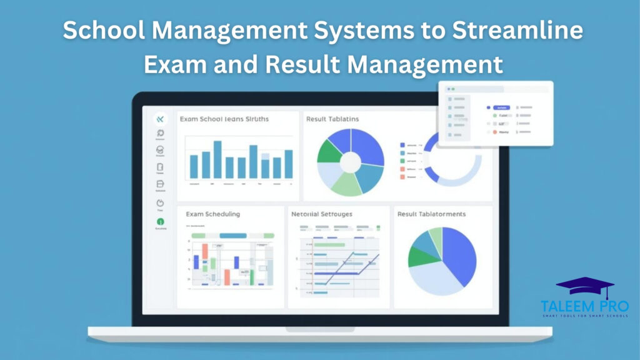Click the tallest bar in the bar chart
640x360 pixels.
click(x=217, y=159)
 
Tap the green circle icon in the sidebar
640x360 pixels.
click(x=160, y=221)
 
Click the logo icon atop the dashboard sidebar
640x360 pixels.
click(x=160, y=119)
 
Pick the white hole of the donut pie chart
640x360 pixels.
click(x=350, y=162)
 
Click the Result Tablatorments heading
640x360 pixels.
click(x=431, y=214)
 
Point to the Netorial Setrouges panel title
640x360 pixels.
click(x=322, y=214)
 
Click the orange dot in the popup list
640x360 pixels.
click(x=495, y=132)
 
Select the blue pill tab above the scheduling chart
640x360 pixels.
click(x=233, y=235)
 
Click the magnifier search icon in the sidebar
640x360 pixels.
click(x=160, y=132)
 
